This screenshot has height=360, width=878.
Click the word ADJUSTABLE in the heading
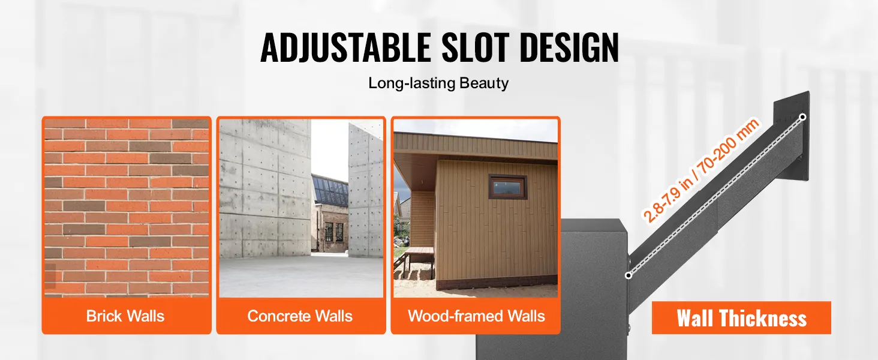345,47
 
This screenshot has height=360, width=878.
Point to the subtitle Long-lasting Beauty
438,83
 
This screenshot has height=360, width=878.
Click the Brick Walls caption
125,316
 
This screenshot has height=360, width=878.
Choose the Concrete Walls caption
300,316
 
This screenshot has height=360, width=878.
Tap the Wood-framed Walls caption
476,316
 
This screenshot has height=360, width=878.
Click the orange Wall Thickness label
741,317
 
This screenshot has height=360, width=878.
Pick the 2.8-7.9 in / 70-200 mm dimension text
701,170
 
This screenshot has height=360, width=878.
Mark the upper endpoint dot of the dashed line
802,117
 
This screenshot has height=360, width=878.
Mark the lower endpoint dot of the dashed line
629,275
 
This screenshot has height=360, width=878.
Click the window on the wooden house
507,187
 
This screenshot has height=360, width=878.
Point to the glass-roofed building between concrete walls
330,214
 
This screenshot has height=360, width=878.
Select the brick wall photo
127,208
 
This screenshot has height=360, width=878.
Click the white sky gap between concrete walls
330,149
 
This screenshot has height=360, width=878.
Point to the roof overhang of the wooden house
476,148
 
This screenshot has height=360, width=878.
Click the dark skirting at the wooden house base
497,282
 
